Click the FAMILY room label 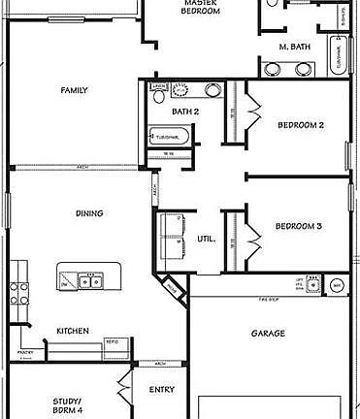(x=75, y=90)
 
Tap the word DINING (x=89, y=212)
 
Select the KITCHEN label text (x=73, y=331)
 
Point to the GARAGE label (x=268, y=333)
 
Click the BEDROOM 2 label (x=300, y=125)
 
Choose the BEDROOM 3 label (x=298, y=226)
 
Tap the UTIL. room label (x=207, y=238)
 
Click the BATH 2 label (x=185, y=112)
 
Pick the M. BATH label (x=294, y=47)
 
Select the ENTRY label (x=161, y=390)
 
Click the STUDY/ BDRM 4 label (x=67, y=405)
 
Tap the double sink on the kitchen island (x=89, y=281)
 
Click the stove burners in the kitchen (x=16, y=288)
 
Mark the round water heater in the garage (x=337, y=286)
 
